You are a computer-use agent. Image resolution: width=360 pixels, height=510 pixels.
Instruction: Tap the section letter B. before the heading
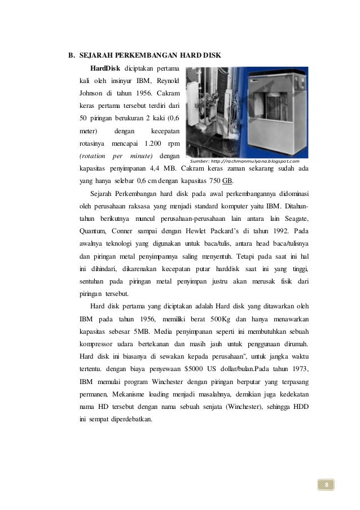72,56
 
